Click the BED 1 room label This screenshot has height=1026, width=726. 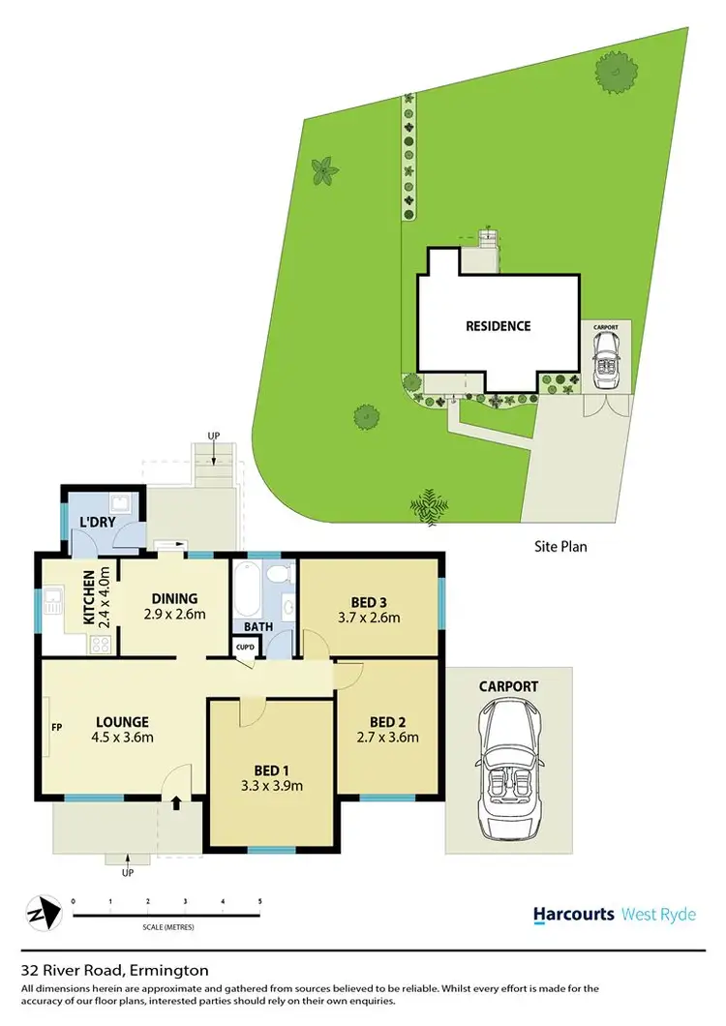pyautogui.click(x=272, y=769)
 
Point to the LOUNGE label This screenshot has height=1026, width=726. pyautogui.click(x=122, y=721)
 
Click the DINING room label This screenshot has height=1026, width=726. pyautogui.click(x=174, y=598)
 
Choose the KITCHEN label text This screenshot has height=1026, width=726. pyautogui.click(x=89, y=598)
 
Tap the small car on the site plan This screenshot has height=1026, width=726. pyautogui.click(x=608, y=365)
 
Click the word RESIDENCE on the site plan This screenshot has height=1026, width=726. pyautogui.click(x=499, y=326)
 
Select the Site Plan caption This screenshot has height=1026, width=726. pyautogui.click(x=560, y=546)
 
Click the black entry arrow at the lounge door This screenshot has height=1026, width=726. pyautogui.click(x=177, y=801)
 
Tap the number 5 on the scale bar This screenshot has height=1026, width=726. pyautogui.click(x=259, y=902)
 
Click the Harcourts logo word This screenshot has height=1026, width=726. pyautogui.click(x=574, y=914)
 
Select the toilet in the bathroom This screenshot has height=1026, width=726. pyautogui.click(x=281, y=573)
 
